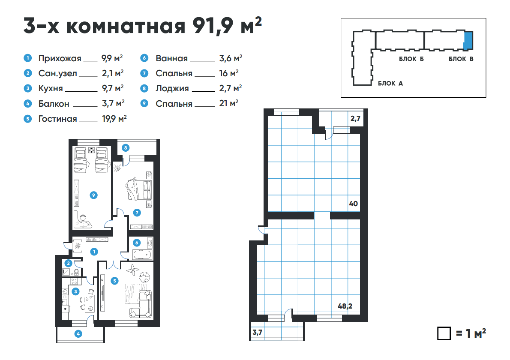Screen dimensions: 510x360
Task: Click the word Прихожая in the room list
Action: click(60, 59)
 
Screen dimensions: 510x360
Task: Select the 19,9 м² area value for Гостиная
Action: click(114, 119)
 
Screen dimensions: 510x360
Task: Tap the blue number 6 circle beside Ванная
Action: click(144, 58)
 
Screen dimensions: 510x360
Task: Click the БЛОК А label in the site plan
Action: click(390, 84)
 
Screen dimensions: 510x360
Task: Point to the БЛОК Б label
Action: click(411, 59)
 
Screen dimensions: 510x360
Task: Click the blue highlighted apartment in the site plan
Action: click(468, 41)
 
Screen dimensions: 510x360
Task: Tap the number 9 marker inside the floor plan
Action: click(94, 195)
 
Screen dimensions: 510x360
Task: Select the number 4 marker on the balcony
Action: click(78, 334)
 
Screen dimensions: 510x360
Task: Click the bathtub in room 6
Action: click(142, 255)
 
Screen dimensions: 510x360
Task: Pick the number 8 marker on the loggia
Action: click(126, 148)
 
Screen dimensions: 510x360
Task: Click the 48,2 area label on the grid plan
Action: click(345, 306)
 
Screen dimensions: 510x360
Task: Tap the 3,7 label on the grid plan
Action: click(257, 333)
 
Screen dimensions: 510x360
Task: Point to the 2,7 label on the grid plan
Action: click(356, 119)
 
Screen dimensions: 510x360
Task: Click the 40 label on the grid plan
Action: click(354, 204)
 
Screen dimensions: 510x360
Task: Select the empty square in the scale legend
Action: click(444, 333)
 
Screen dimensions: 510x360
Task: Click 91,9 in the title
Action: click(213, 26)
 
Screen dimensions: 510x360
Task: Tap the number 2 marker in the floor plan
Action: click(68, 264)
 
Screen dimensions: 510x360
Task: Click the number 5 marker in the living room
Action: click(114, 281)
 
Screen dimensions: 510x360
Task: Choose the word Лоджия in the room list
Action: click(172, 88)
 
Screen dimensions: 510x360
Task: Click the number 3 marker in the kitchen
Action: click(76, 291)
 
